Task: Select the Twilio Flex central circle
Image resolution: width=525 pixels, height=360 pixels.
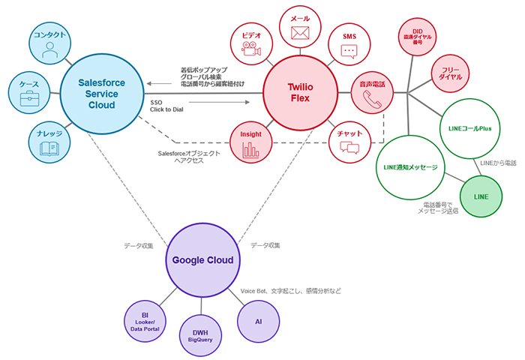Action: pos(300,93)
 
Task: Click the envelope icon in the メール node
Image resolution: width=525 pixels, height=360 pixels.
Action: pos(300,33)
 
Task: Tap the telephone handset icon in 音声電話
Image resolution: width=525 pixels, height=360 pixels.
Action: pos(373,99)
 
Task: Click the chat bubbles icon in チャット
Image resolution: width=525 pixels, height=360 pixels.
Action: pos(350,147)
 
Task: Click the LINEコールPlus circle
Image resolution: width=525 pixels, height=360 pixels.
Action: pos(468,130)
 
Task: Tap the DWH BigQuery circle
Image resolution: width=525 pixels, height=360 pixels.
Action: pos(201,335)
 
